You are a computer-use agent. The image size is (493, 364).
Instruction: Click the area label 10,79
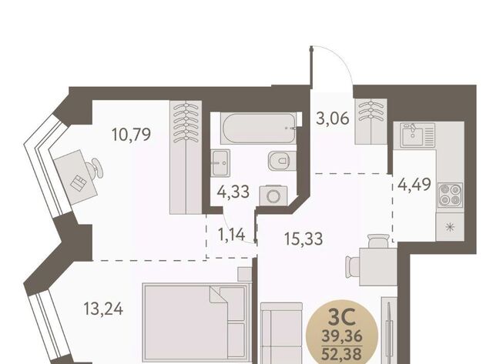[x=131, y=135]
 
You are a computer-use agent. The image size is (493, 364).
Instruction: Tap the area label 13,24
[x=103, y=309]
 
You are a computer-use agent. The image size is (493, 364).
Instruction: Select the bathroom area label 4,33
[x=233, y=192]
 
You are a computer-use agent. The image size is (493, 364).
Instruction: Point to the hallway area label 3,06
[x=333, y=119]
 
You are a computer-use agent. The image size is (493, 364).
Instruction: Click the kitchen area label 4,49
[x=414, y=185]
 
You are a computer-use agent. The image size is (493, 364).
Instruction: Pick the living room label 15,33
[x=304, y=239]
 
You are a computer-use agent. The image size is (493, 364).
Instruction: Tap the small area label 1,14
[x=231, y=235]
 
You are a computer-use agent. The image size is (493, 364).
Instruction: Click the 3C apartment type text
[x=342, y=317]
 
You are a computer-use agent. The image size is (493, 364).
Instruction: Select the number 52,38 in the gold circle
[x=341, y=354]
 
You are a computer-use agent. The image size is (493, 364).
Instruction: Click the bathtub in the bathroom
[x=258, y=129]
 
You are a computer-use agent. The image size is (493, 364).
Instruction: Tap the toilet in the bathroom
[x=282, y=161]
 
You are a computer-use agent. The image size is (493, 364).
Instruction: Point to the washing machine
[x=273, y=195]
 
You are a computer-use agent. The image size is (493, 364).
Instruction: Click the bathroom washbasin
[x=220, y=163]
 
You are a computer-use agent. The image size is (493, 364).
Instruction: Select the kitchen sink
[x=418, y=135]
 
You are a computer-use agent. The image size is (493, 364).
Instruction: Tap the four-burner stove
[x=450, y=195]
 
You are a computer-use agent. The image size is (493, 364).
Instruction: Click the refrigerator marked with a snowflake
[x=450, y=227]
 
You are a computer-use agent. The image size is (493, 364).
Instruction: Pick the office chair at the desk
[x=95, y=169]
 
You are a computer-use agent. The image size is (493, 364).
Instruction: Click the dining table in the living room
[x=378, y=266]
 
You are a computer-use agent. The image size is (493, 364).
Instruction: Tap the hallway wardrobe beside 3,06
[x=371, y=122]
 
